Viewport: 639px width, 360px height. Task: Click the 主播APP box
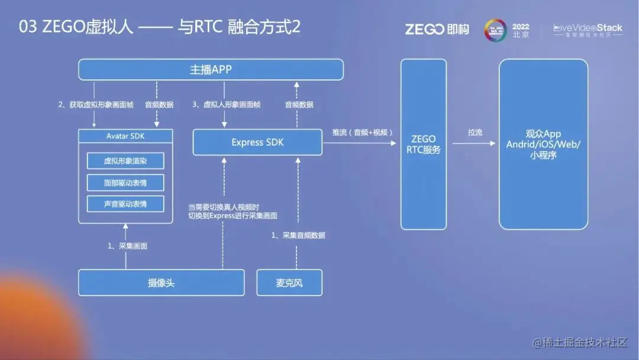click(211, 70)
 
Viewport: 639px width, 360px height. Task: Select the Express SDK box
click(257, 143)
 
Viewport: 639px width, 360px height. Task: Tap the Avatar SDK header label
click(125, 136)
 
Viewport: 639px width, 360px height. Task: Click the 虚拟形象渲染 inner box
click(125, 161)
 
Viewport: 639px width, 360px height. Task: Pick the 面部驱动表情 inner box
click(125, 183)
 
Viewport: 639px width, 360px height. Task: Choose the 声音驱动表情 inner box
click(125, 204)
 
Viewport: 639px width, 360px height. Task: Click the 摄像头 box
click(162, 282)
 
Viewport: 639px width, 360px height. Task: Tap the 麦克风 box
click(289, 282)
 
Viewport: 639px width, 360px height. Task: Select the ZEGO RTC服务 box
click(424, 144)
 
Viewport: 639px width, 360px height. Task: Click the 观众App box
click(543, 144)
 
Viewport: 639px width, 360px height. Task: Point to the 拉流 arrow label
click(475, 133)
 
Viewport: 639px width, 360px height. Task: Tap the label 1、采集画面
click(127, 246)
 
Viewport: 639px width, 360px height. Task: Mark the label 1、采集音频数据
click(298, 235)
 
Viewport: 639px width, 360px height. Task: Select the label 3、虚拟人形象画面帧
click(227, 105)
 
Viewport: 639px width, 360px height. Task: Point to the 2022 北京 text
click(521, 30)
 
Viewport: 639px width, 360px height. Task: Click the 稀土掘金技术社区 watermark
click(579, 343)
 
